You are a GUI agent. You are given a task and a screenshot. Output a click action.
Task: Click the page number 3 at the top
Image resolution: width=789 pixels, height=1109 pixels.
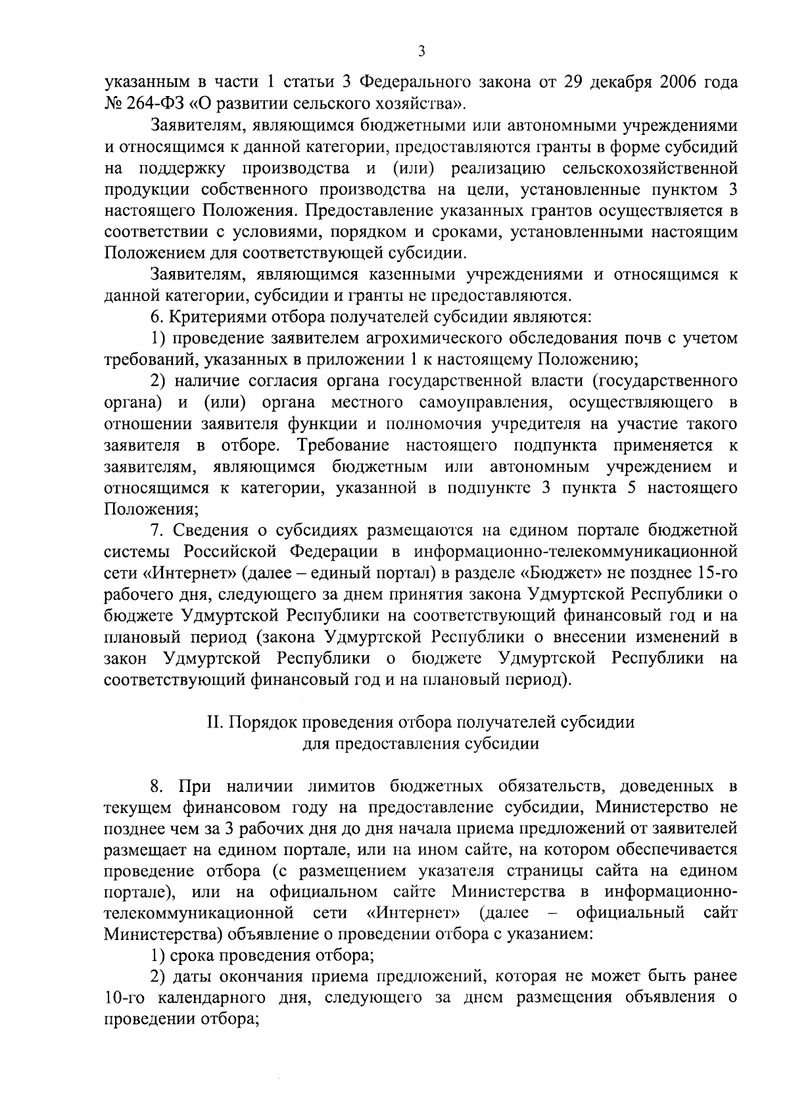pos(421,51)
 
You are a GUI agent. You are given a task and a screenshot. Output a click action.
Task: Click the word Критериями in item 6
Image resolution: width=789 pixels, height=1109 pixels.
pos(214,317)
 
